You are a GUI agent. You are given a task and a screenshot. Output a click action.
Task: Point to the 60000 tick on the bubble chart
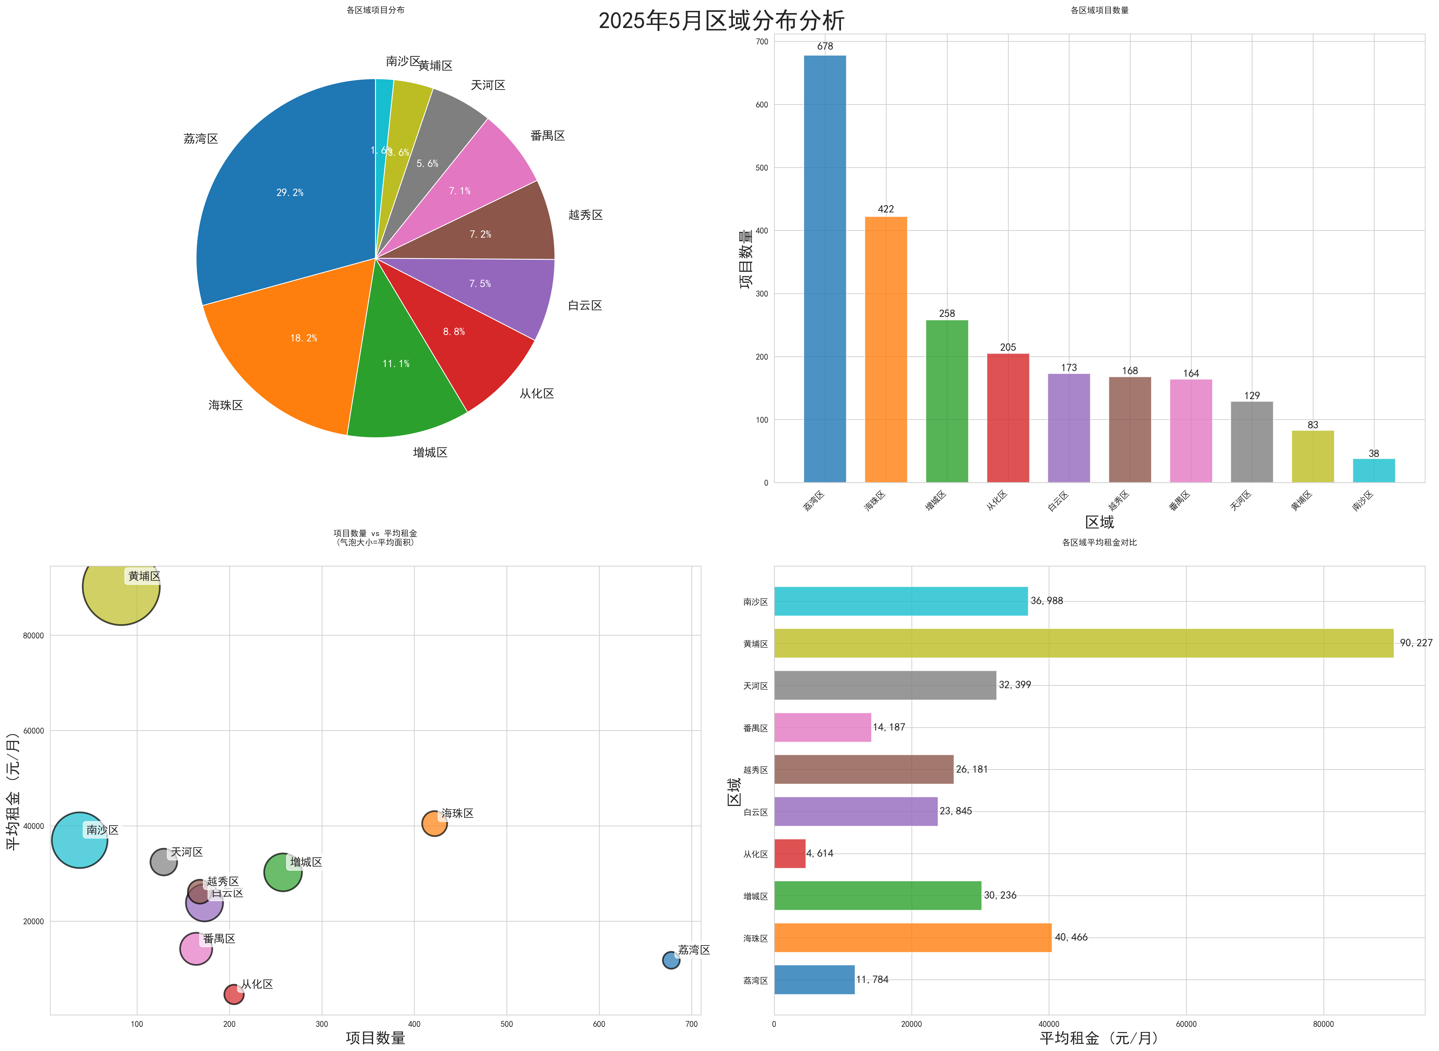click(x=34, y=730)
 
